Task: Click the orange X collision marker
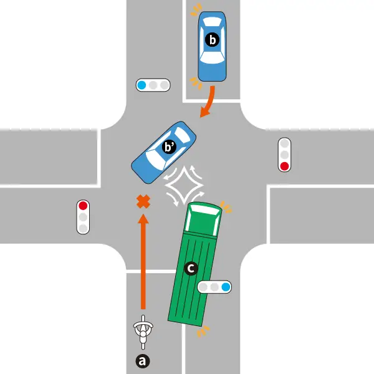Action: pos(143,201)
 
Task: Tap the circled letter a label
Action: pos(143,360)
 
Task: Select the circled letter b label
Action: pos(213,41)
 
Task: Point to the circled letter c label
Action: pos(191,269)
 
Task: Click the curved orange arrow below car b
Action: pos(209,101)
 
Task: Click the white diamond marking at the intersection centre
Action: pos(184,185)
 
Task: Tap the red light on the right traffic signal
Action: pos(284,166)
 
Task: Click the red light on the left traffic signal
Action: pos(83,205)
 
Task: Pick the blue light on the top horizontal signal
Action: pos(141,85)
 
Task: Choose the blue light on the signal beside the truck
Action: pos(226,287)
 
